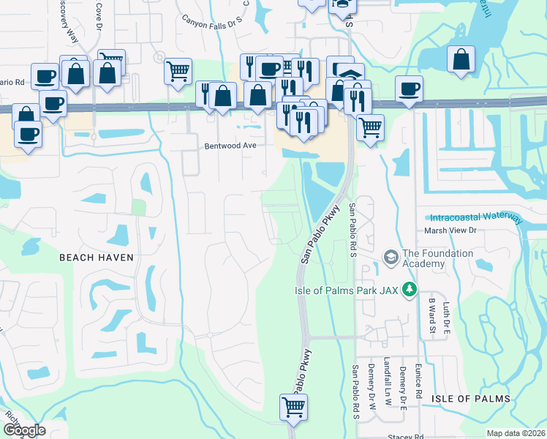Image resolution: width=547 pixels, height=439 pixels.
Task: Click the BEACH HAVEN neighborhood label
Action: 97,258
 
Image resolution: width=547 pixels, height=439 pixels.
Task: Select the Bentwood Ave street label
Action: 230,146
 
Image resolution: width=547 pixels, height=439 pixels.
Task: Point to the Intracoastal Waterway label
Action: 476,217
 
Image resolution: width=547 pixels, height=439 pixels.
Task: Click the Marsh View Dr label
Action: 450,230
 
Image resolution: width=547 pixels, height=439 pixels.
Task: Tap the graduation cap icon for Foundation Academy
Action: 391,257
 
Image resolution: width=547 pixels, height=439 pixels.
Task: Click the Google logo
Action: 23,430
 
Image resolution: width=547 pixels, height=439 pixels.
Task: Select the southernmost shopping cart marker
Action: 293,407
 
